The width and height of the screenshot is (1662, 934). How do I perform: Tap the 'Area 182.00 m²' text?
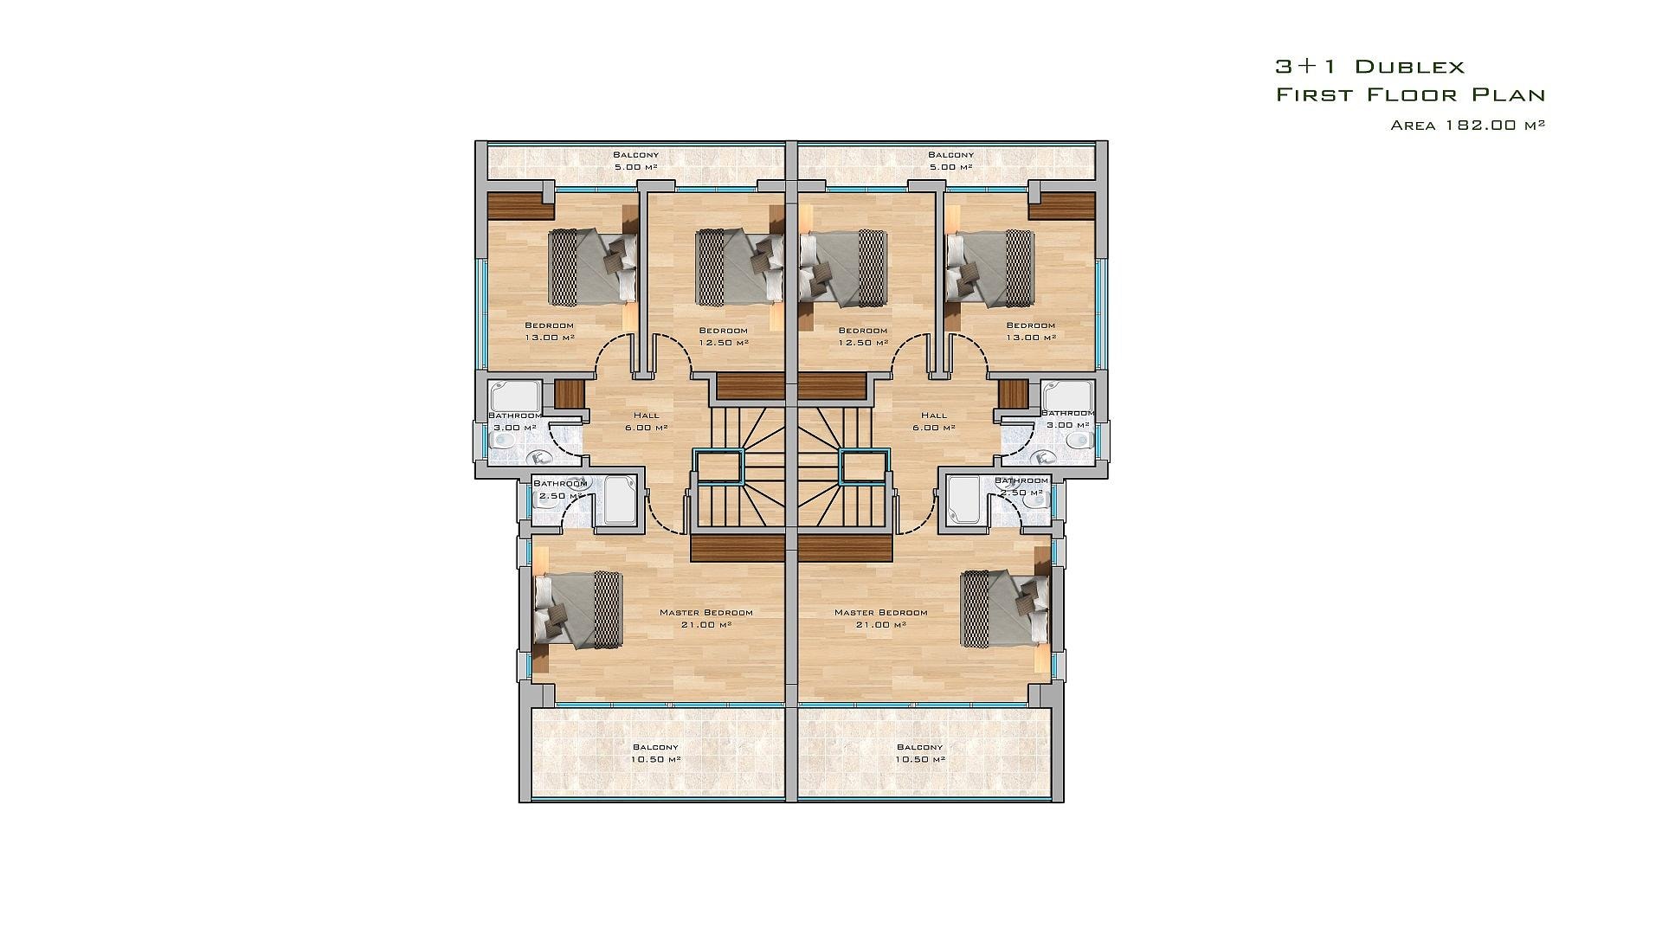(1468, 125)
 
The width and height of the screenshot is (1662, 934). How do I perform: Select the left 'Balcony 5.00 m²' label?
(636, 161)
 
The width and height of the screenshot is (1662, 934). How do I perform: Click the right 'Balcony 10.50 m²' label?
(919, 753)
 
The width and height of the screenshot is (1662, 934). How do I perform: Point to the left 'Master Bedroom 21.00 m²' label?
(706, 618)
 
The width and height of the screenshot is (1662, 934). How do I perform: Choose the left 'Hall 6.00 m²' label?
(646, 422)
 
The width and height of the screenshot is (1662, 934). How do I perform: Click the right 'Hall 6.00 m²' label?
(934, 422)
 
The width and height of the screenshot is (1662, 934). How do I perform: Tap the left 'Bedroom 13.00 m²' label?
(550, 332)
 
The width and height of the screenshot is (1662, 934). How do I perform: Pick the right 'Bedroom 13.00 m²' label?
(1030, 332)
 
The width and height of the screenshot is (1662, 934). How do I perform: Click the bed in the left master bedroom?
(577, 609)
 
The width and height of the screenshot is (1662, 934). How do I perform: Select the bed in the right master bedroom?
(1006, 609)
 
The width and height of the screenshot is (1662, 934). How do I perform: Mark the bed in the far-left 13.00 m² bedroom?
(595, 267)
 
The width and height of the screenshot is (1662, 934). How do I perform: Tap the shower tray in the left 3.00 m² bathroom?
(514, 396)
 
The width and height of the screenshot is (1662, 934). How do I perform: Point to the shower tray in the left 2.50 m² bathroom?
(619, 499)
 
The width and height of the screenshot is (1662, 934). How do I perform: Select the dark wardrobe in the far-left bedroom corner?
(520, 206)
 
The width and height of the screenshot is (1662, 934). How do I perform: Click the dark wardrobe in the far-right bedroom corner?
(1062, 206)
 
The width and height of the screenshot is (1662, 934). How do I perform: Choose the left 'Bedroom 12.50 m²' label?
(724, 336)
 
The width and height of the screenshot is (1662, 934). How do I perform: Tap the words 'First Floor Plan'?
(1411, 94)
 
